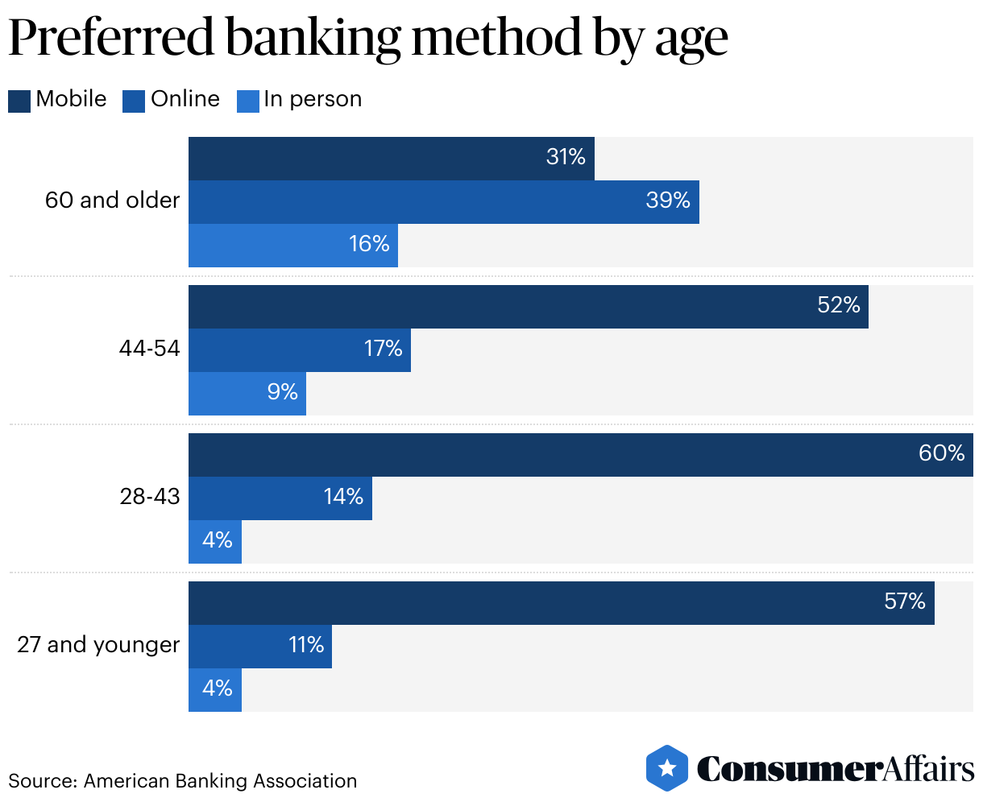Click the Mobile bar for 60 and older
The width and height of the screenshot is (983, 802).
pos(391,158)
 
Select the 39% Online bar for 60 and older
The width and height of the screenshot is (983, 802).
pos(443,201)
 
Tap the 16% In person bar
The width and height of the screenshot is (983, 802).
pos(292,245)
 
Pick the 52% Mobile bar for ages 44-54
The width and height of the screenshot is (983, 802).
pos(528,306)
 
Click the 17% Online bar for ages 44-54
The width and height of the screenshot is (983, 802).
pos(299,349)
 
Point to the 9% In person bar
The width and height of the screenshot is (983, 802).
pos(247,393)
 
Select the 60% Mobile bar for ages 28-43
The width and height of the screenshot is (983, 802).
pos(580,454)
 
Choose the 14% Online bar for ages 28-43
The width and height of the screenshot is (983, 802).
pos(280,498)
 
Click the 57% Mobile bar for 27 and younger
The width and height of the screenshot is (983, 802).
pos(561,602)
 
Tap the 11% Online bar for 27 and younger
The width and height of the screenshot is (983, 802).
pos(259,646)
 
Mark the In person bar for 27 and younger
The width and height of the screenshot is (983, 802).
pos(214,689)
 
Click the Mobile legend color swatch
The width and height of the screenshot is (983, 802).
pos(19,101)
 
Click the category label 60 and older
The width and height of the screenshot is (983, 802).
pos(112,200)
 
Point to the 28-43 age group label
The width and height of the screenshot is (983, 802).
pos(150,497)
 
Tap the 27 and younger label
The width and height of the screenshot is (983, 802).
pos(98,645)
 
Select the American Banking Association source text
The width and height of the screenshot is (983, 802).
pos(220,780)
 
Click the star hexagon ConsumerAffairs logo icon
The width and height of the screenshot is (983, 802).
pos(666,767)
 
